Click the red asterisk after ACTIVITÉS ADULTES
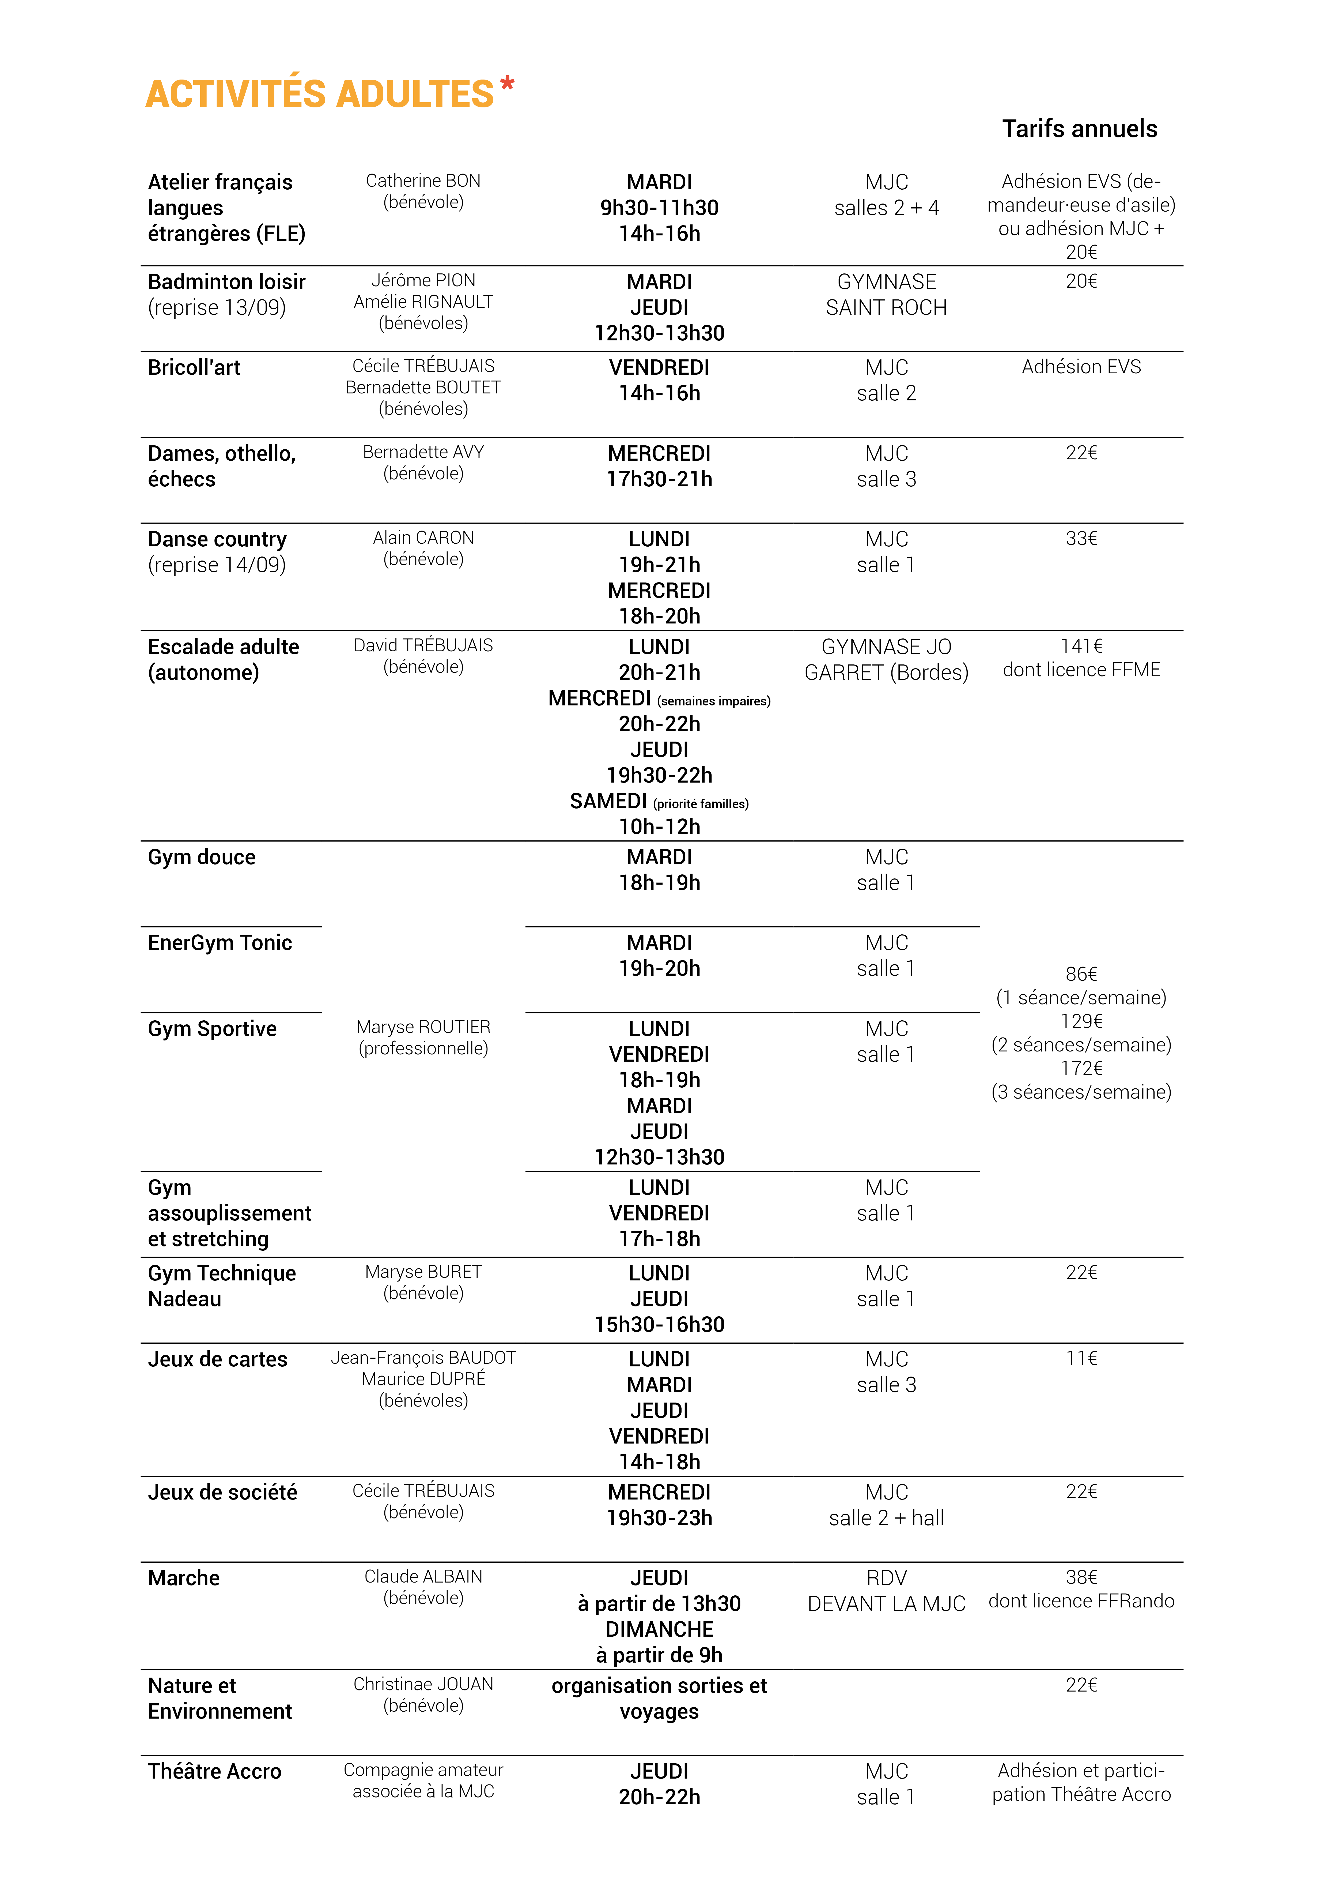tap(507, 84)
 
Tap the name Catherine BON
tap(423, 181)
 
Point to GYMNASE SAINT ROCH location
tap(886, 295)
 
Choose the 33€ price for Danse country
tap(1081, 539)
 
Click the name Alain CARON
tap(423, 538)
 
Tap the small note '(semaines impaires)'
tap(713, 701)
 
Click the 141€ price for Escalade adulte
tap(1081, 647)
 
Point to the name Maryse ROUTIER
tap(423, 1027)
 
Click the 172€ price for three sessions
tap(1081, 1069)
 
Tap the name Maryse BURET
tap(423, 1272)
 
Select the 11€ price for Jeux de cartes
tap(1081, 1359)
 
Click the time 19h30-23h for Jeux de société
tap(660, 1518)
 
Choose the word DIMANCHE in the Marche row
tap(660, 1629)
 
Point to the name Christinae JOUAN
tap(423, 1684)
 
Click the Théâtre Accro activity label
tap(214, 1772)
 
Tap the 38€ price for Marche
tap(1081, 1577)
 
